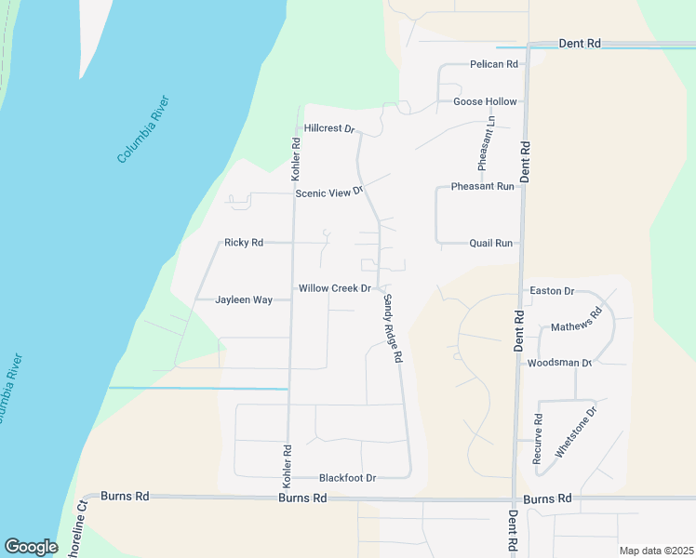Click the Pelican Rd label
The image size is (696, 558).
tap(494, 64)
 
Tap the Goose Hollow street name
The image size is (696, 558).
tap(485, 101)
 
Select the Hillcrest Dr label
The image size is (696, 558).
tap(330, 128)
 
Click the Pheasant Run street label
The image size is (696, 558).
tap(483, 186)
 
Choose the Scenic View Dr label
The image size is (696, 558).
tap(328, 193)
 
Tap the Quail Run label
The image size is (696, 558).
tap(491, 243)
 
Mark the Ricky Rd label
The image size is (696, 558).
tap(244, 243)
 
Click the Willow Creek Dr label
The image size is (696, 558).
tap(335, 288)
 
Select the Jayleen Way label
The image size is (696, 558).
tap(244, 299)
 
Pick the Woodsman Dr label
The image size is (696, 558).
tap(560, 363)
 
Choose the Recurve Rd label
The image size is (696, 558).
tap(538, 439)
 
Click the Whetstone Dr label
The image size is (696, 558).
tap(576, 430)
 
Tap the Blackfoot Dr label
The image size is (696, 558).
tap(347, 478)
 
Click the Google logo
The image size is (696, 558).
tap(31, 547)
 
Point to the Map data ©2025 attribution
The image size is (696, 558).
tap(656, 551)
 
